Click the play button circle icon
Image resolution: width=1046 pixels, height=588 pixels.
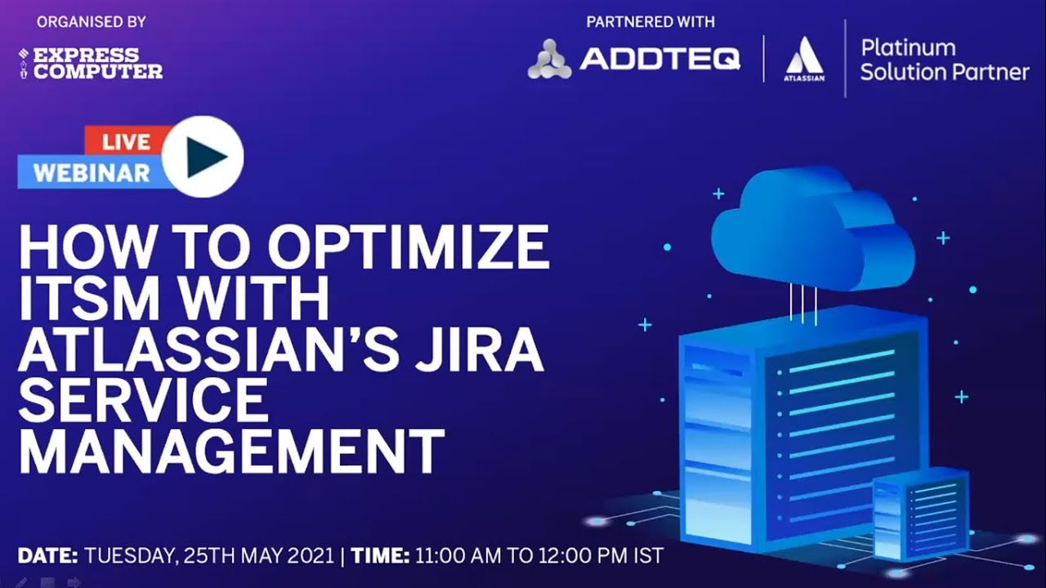click(x=202, y=157)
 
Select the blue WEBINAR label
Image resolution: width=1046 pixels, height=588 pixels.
click(x=91, y=172)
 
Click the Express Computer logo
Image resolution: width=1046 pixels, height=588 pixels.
click(x=91, y=63)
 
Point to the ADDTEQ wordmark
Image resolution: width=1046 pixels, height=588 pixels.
click(x=659, y=59)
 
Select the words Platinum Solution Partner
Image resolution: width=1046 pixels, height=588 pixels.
click(x=944, y=60)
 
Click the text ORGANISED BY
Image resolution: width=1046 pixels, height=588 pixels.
click(x=91, y=22)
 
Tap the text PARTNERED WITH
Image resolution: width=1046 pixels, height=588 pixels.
click(x=650, y=22)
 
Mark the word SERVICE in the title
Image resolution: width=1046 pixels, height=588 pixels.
click(x=143, y=400)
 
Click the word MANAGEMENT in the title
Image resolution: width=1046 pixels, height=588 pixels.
click(x=231, y=451)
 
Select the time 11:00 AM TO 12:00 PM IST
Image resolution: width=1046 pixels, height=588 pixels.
click(x=539, y=556)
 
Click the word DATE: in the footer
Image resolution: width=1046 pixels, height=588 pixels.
click(x=47, y=556)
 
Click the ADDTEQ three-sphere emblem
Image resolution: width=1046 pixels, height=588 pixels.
click(x=549, y=60)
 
